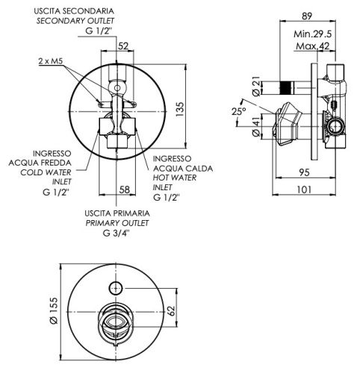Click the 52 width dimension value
pyautogui.click(x=123, y=46)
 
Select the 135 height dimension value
pyautogui.click(x=180, y=109)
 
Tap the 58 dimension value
pyautogui.click(x=125, y=189)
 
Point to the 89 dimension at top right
pyautogui.click(x=307, y=16)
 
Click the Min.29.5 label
pyautogui.click(x=313, y=34)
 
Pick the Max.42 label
pyautogui.click(x=313, y=46)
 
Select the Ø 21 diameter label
pyautogui.click(x=256, y=87)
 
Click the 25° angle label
pyautogui.click(x=239, y=111)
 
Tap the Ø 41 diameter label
pyautogui.click(x=256, y=127)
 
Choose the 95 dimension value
pyautogui.click(x=304, y=172)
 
